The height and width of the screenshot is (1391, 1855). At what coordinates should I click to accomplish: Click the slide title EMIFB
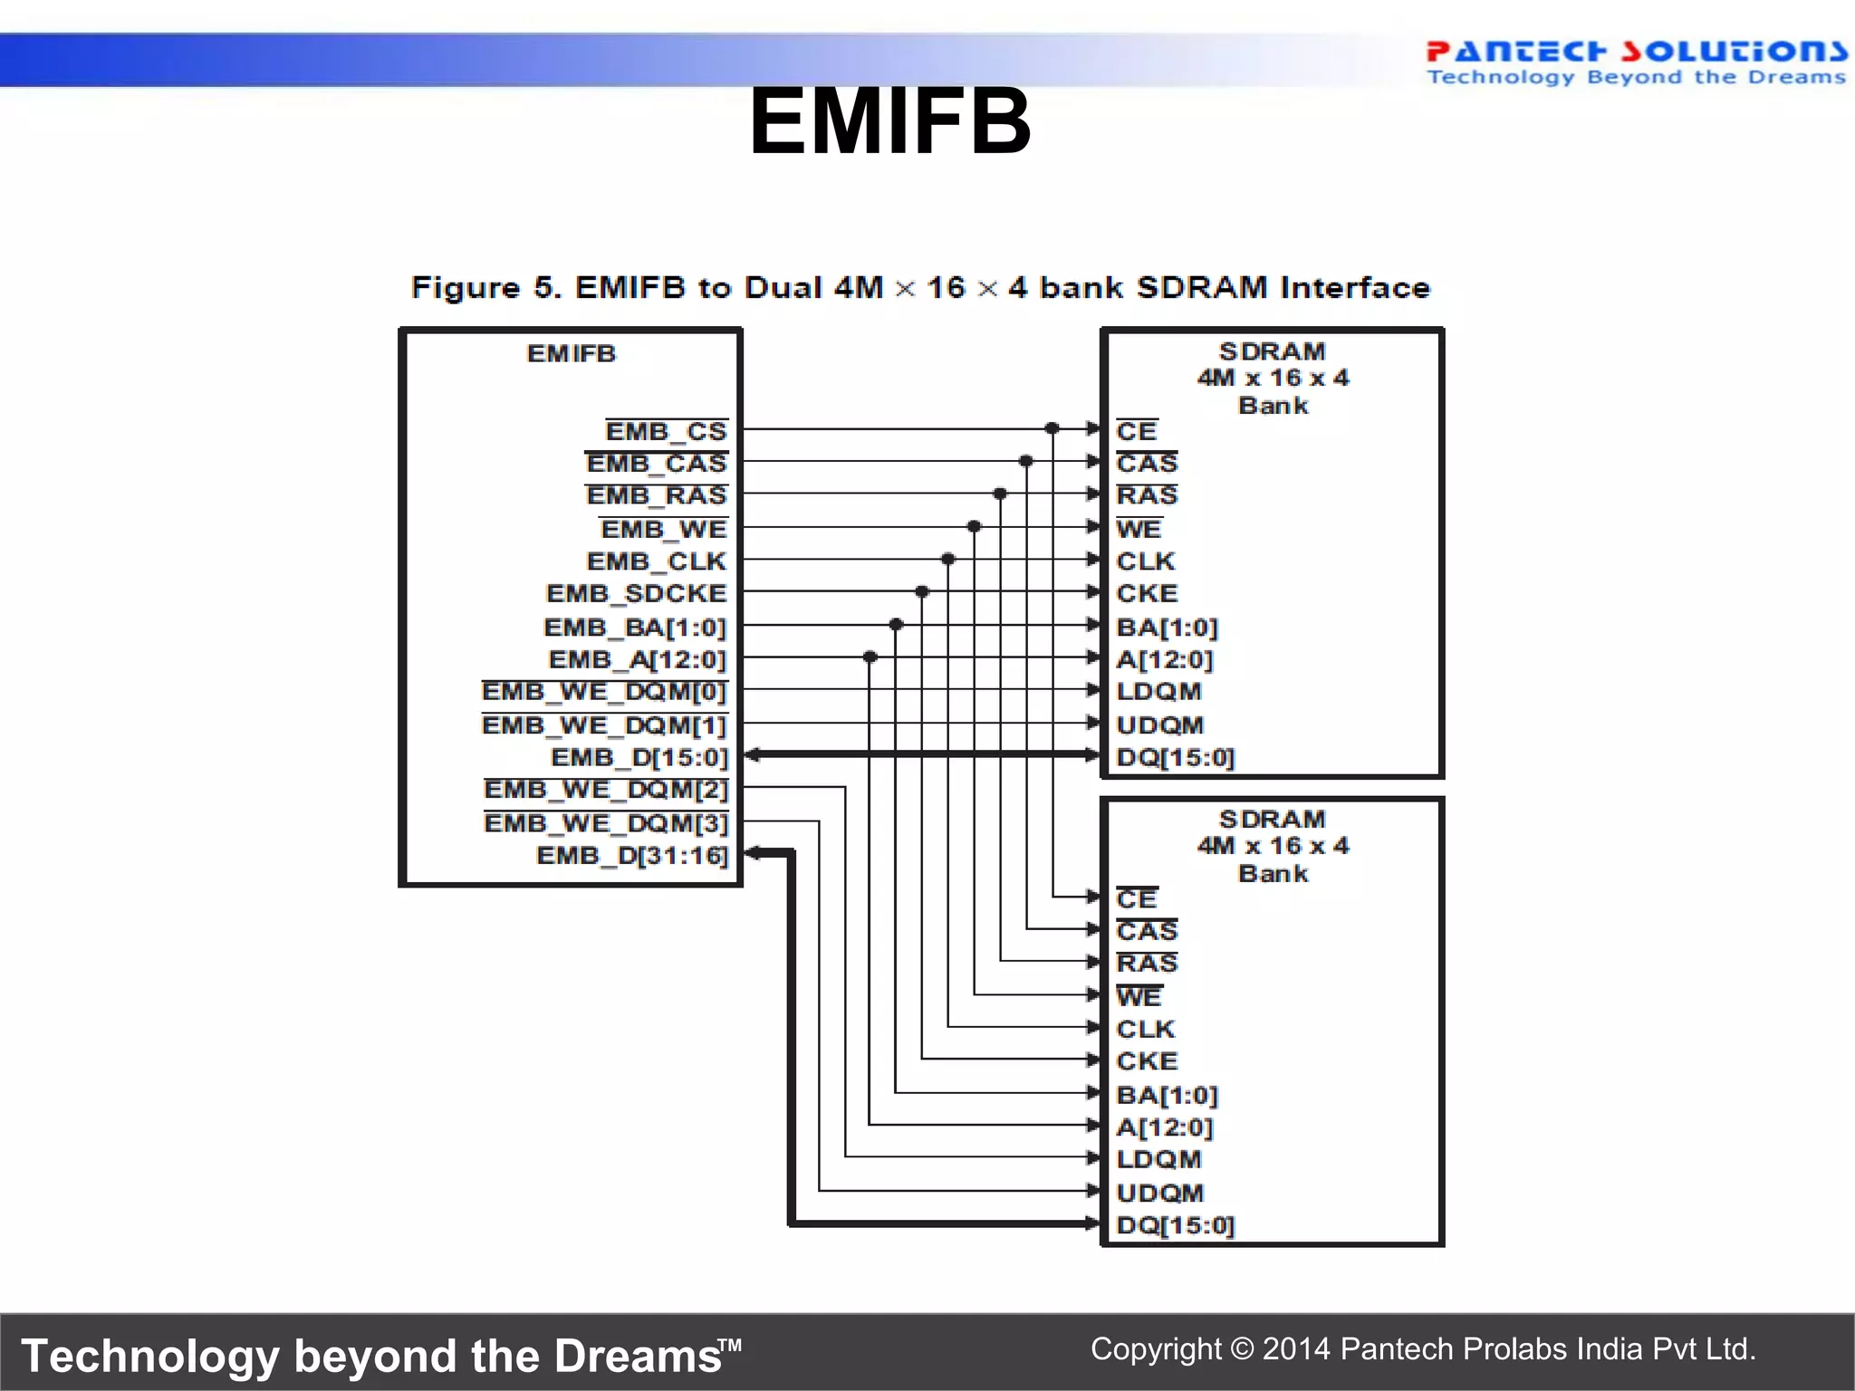coord(889,121)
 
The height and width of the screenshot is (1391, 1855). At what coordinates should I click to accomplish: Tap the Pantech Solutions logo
coord(1636,62)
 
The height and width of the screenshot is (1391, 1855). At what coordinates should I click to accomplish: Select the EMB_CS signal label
coord(666,431)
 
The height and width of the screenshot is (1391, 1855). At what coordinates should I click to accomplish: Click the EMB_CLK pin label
coord(657,561)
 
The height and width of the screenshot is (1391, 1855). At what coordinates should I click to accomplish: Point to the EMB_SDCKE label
coord(636,594)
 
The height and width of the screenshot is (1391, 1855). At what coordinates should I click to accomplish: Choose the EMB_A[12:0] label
coord(638,660)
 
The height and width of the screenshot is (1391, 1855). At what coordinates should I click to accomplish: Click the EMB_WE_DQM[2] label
coord(606,790)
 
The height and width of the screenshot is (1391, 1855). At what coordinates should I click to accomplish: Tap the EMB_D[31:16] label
coord(632,856)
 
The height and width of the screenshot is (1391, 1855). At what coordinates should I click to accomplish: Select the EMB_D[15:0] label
coord(639,757)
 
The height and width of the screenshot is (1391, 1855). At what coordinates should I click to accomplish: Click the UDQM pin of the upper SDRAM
coord(1160,725)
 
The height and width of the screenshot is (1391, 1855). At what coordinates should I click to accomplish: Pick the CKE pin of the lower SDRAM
coord(1147,1061)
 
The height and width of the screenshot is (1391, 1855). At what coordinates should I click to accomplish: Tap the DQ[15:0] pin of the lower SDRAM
coord(1176,1225)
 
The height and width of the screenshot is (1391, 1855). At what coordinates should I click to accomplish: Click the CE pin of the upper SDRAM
coord(1137,431)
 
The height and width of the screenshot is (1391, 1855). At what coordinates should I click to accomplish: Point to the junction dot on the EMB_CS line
coord(1052,428)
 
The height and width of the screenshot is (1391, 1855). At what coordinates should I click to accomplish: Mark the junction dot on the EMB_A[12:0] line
coord(870,657)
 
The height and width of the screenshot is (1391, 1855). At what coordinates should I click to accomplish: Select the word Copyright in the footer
coord(1156,1348)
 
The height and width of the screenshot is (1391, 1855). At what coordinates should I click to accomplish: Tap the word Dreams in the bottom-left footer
coord(638,1357)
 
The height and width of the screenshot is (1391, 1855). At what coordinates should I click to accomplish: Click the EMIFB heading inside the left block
coord(572,353)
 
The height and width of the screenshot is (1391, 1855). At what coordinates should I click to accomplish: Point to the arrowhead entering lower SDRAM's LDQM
coord(1094,1157)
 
